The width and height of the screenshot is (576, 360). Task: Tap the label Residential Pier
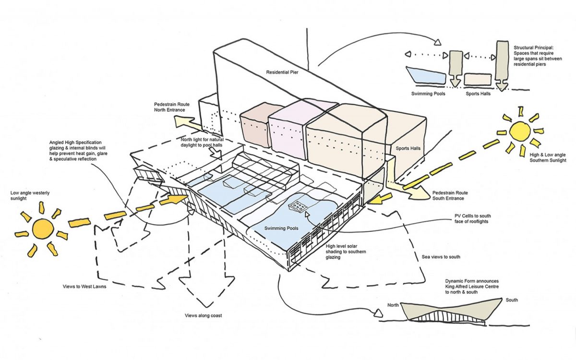click(x=282, y=72)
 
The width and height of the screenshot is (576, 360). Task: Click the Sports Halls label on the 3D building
click(x=408, y=148)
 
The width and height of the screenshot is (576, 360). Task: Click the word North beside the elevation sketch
click(x=393, y=305)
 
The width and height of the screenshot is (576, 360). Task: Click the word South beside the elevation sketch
click(x=511, y=300)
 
